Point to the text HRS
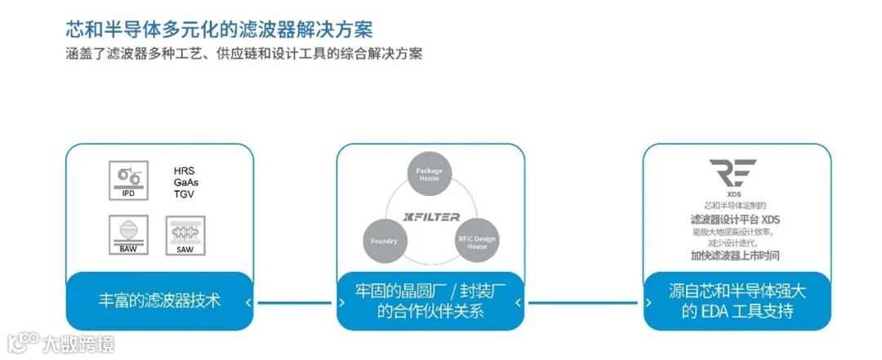184,171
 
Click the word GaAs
185,183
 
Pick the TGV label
184,194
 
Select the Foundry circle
385,241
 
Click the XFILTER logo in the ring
432,217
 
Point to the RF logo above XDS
732,174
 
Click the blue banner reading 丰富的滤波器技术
159,300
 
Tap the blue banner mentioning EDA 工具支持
736,300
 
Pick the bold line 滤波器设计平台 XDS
734,220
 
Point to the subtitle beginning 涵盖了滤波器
244,54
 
